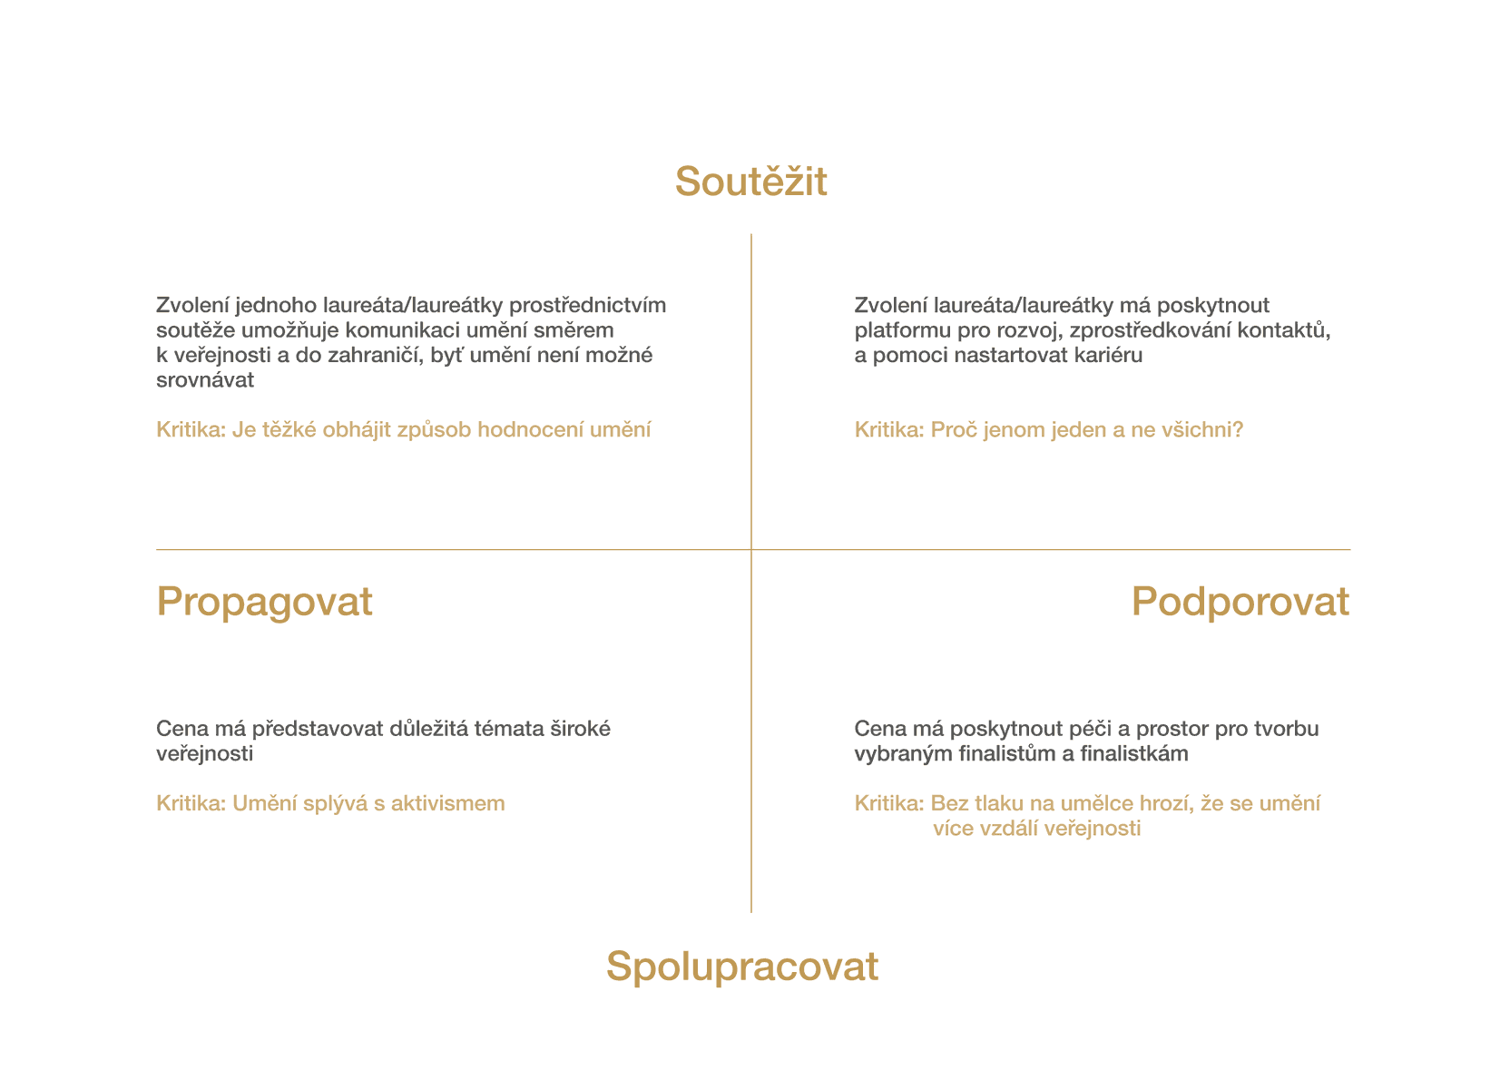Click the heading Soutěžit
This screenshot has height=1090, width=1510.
tap(750, 182)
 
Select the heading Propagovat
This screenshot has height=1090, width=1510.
tap(264, 602)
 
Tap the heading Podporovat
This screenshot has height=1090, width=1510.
tap(1240, 602)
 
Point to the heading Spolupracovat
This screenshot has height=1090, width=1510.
tap(741, 967)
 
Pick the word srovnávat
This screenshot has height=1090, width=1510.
tap(205, 379)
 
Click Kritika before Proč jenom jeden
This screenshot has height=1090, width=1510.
tap(889, 429)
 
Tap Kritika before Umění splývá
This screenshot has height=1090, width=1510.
tap(191, 803)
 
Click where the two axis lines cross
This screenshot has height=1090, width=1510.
tap(751, 550)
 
